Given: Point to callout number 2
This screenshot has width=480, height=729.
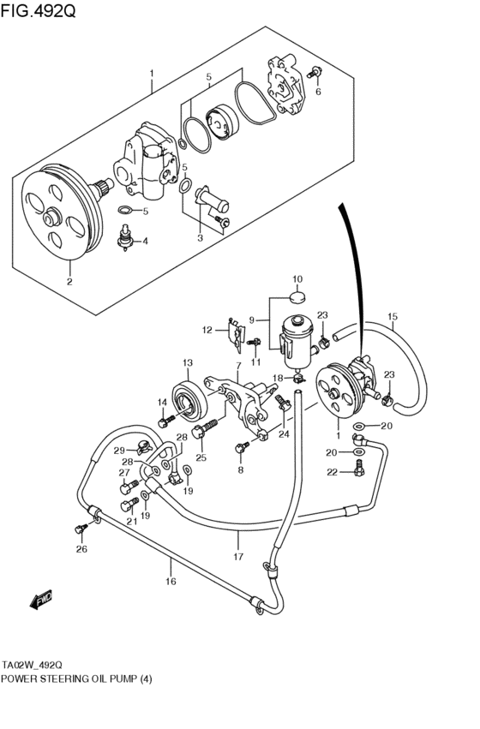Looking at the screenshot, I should (x=69, y=280).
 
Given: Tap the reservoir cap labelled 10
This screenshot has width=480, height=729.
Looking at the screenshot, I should (x=297, y=297).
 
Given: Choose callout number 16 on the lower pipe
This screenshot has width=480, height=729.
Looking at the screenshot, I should (x=170, y=582).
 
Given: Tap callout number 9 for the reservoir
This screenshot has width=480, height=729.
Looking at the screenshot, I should (x=251, y=320).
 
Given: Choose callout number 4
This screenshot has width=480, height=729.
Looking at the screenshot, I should (x=144, y=242).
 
